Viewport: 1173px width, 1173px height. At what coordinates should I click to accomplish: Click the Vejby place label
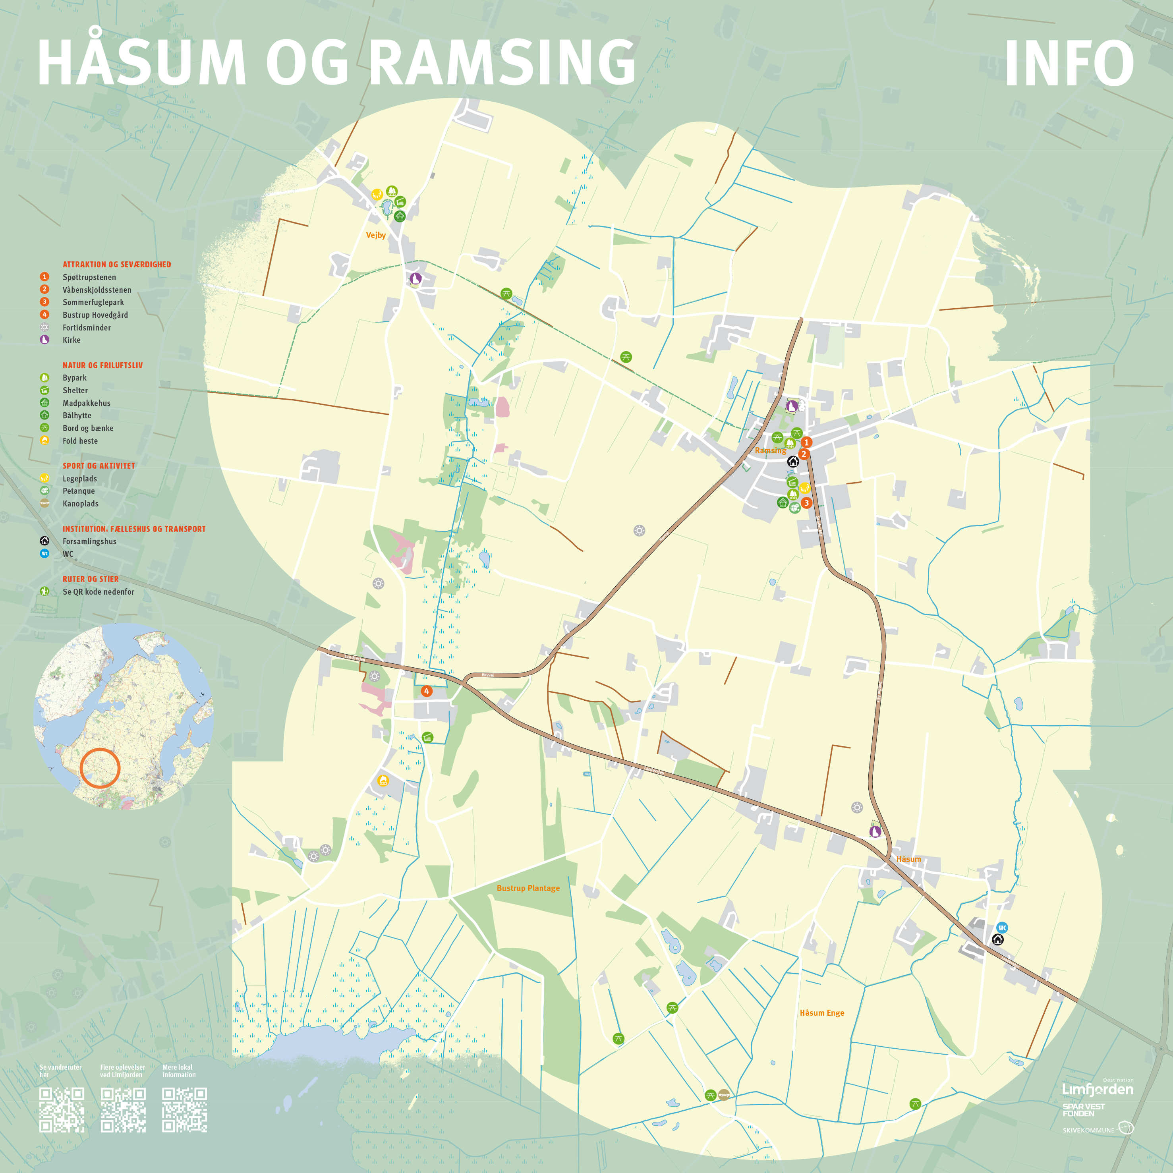(376, 235)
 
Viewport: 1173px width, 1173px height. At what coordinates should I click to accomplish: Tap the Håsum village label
(908, 859)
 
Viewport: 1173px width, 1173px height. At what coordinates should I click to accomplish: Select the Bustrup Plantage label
(528, 888)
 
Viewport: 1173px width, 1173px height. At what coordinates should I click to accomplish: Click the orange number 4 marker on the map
(427, 691)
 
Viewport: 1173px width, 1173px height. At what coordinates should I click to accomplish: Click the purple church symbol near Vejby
(415, 279)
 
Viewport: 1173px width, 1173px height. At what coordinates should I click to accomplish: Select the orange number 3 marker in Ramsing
(806, 503)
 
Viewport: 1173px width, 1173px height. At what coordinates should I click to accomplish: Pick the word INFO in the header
(1069, 64)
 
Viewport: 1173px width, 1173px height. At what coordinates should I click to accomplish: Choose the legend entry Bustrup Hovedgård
(95, 315)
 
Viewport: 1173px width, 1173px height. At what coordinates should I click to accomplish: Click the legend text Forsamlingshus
(89, 541)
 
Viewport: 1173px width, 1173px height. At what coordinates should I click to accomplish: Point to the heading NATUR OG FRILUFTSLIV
(102, 365)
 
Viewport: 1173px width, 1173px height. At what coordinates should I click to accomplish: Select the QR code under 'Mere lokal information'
(185, 1110)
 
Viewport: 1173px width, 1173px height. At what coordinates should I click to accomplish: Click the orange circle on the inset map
(100, 768)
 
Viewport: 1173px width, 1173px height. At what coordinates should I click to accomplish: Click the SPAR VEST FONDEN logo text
(1083, 1110)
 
